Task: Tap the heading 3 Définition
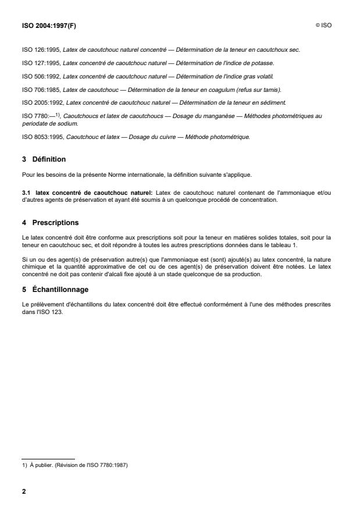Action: click(x=44, y=158)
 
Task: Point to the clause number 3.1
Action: click(x=26, y=184)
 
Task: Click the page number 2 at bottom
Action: click(x=24, y=491)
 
